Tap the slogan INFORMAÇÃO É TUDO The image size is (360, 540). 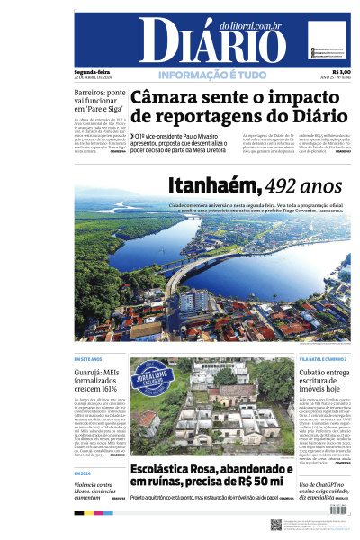213,75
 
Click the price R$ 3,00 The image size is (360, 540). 342,72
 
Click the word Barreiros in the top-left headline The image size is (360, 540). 94,93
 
